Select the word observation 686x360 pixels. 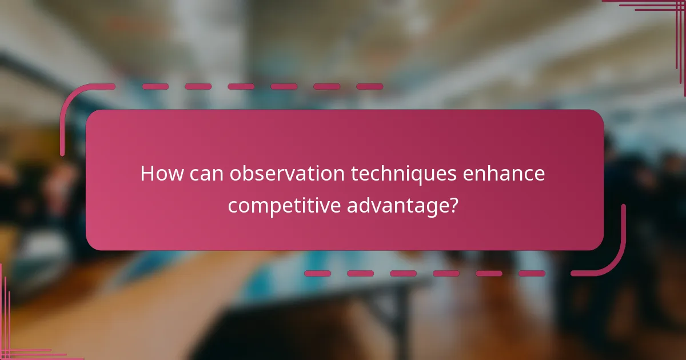pyautogui.click(x=287, y=174)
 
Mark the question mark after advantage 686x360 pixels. pyautogui.click(x=453, y=204)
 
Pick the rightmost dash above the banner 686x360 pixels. pyautogui.click(x=369, y=87)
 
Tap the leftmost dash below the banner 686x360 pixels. pyautogui.click(x=318, y=274)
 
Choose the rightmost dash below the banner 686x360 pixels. pyautogui.click(x=532, y=274)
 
